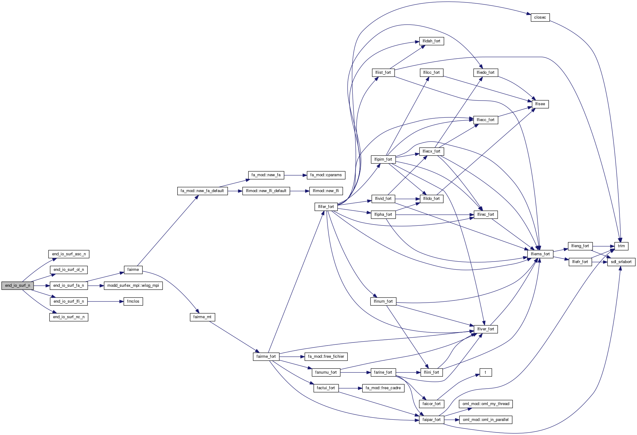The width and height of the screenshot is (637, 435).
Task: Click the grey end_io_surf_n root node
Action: tap(17, 286)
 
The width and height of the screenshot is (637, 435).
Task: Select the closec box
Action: tap(540, 17)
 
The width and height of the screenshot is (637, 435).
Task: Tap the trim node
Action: tap(621, 246)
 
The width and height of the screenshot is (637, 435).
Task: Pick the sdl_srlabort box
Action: tap(621, 262)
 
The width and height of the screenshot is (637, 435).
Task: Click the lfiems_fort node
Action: tap(540, 254)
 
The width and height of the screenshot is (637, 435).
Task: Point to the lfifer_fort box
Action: tap(326, 207)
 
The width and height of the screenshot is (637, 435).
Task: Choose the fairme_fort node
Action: tap(266, 357)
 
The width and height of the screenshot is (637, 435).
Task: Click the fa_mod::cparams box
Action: tap(326, 175)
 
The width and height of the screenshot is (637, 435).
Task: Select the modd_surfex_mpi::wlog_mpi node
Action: tap(133, 286)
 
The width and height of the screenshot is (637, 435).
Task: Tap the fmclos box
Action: tap(133, 301)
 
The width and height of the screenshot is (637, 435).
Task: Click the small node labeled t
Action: tap(486, 372)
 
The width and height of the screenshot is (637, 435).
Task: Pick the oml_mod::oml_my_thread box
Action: tap(486, 404)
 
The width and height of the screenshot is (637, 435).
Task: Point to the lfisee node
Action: tap(540, 104)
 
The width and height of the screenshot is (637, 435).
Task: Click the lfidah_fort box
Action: tap(431, 41)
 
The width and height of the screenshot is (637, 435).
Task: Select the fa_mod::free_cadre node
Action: tap(383, 388)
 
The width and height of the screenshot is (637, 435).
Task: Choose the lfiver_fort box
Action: tap(486, 329)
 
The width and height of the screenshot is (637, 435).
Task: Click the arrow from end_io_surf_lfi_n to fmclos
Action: tap(106, 301)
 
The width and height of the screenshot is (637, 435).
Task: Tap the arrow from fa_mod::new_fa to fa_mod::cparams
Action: tap(295, 175)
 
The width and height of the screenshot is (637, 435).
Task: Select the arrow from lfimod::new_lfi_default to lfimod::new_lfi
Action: tap(300, 191)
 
